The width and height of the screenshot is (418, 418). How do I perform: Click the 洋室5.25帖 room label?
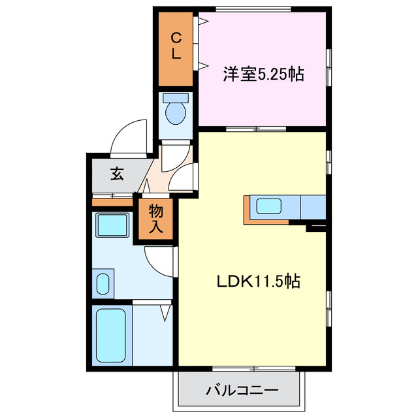coord(263,74)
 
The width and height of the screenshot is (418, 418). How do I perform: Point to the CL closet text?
coord(176,46)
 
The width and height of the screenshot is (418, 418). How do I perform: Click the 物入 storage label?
coord(156,219)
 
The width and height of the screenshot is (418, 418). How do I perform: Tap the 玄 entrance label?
coord(117,175)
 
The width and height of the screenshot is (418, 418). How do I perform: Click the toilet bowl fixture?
coord(175,112)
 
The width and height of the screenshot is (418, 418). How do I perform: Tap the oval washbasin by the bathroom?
coord(103,283)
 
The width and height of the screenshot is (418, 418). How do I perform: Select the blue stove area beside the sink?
coord(313,207)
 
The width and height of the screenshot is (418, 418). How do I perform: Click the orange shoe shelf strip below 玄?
coord(112,202)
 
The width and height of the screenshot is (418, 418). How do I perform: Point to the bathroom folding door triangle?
coord(165,313)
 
